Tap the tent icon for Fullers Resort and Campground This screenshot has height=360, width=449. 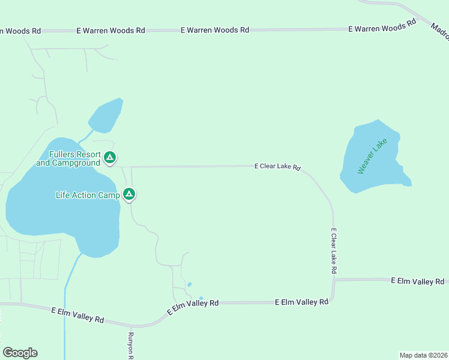tap(109, 158)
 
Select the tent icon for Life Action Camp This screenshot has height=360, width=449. tap(128, 194)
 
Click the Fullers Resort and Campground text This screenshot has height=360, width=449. tap(68, 158)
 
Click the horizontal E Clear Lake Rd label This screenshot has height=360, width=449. tap(277, 166)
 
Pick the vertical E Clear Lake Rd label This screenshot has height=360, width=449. tap(334, 251)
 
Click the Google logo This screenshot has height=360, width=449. tap(20, 353)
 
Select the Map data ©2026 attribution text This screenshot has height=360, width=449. tap(423, 355)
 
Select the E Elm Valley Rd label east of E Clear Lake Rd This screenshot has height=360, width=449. tap(417, 281)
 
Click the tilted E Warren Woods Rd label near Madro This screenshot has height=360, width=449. tap(382, 28)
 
